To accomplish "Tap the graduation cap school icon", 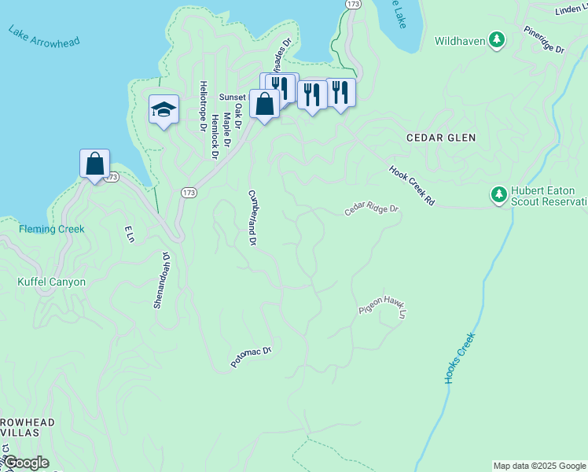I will tap(164, 109).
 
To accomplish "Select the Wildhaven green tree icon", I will tap(497, 39).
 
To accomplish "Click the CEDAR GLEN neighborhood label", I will tap(441, 138).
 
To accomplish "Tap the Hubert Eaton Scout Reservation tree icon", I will tap(498, 194).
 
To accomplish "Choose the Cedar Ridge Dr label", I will tap(372, 211).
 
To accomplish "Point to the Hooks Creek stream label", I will tap(460, 359).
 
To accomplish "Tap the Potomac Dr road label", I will tap(251, 357).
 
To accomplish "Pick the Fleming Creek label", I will tap(51, 230).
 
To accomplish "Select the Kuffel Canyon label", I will tap(52, 282).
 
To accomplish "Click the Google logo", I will tap(25, 463).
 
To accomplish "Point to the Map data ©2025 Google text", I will tap(539, 466).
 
